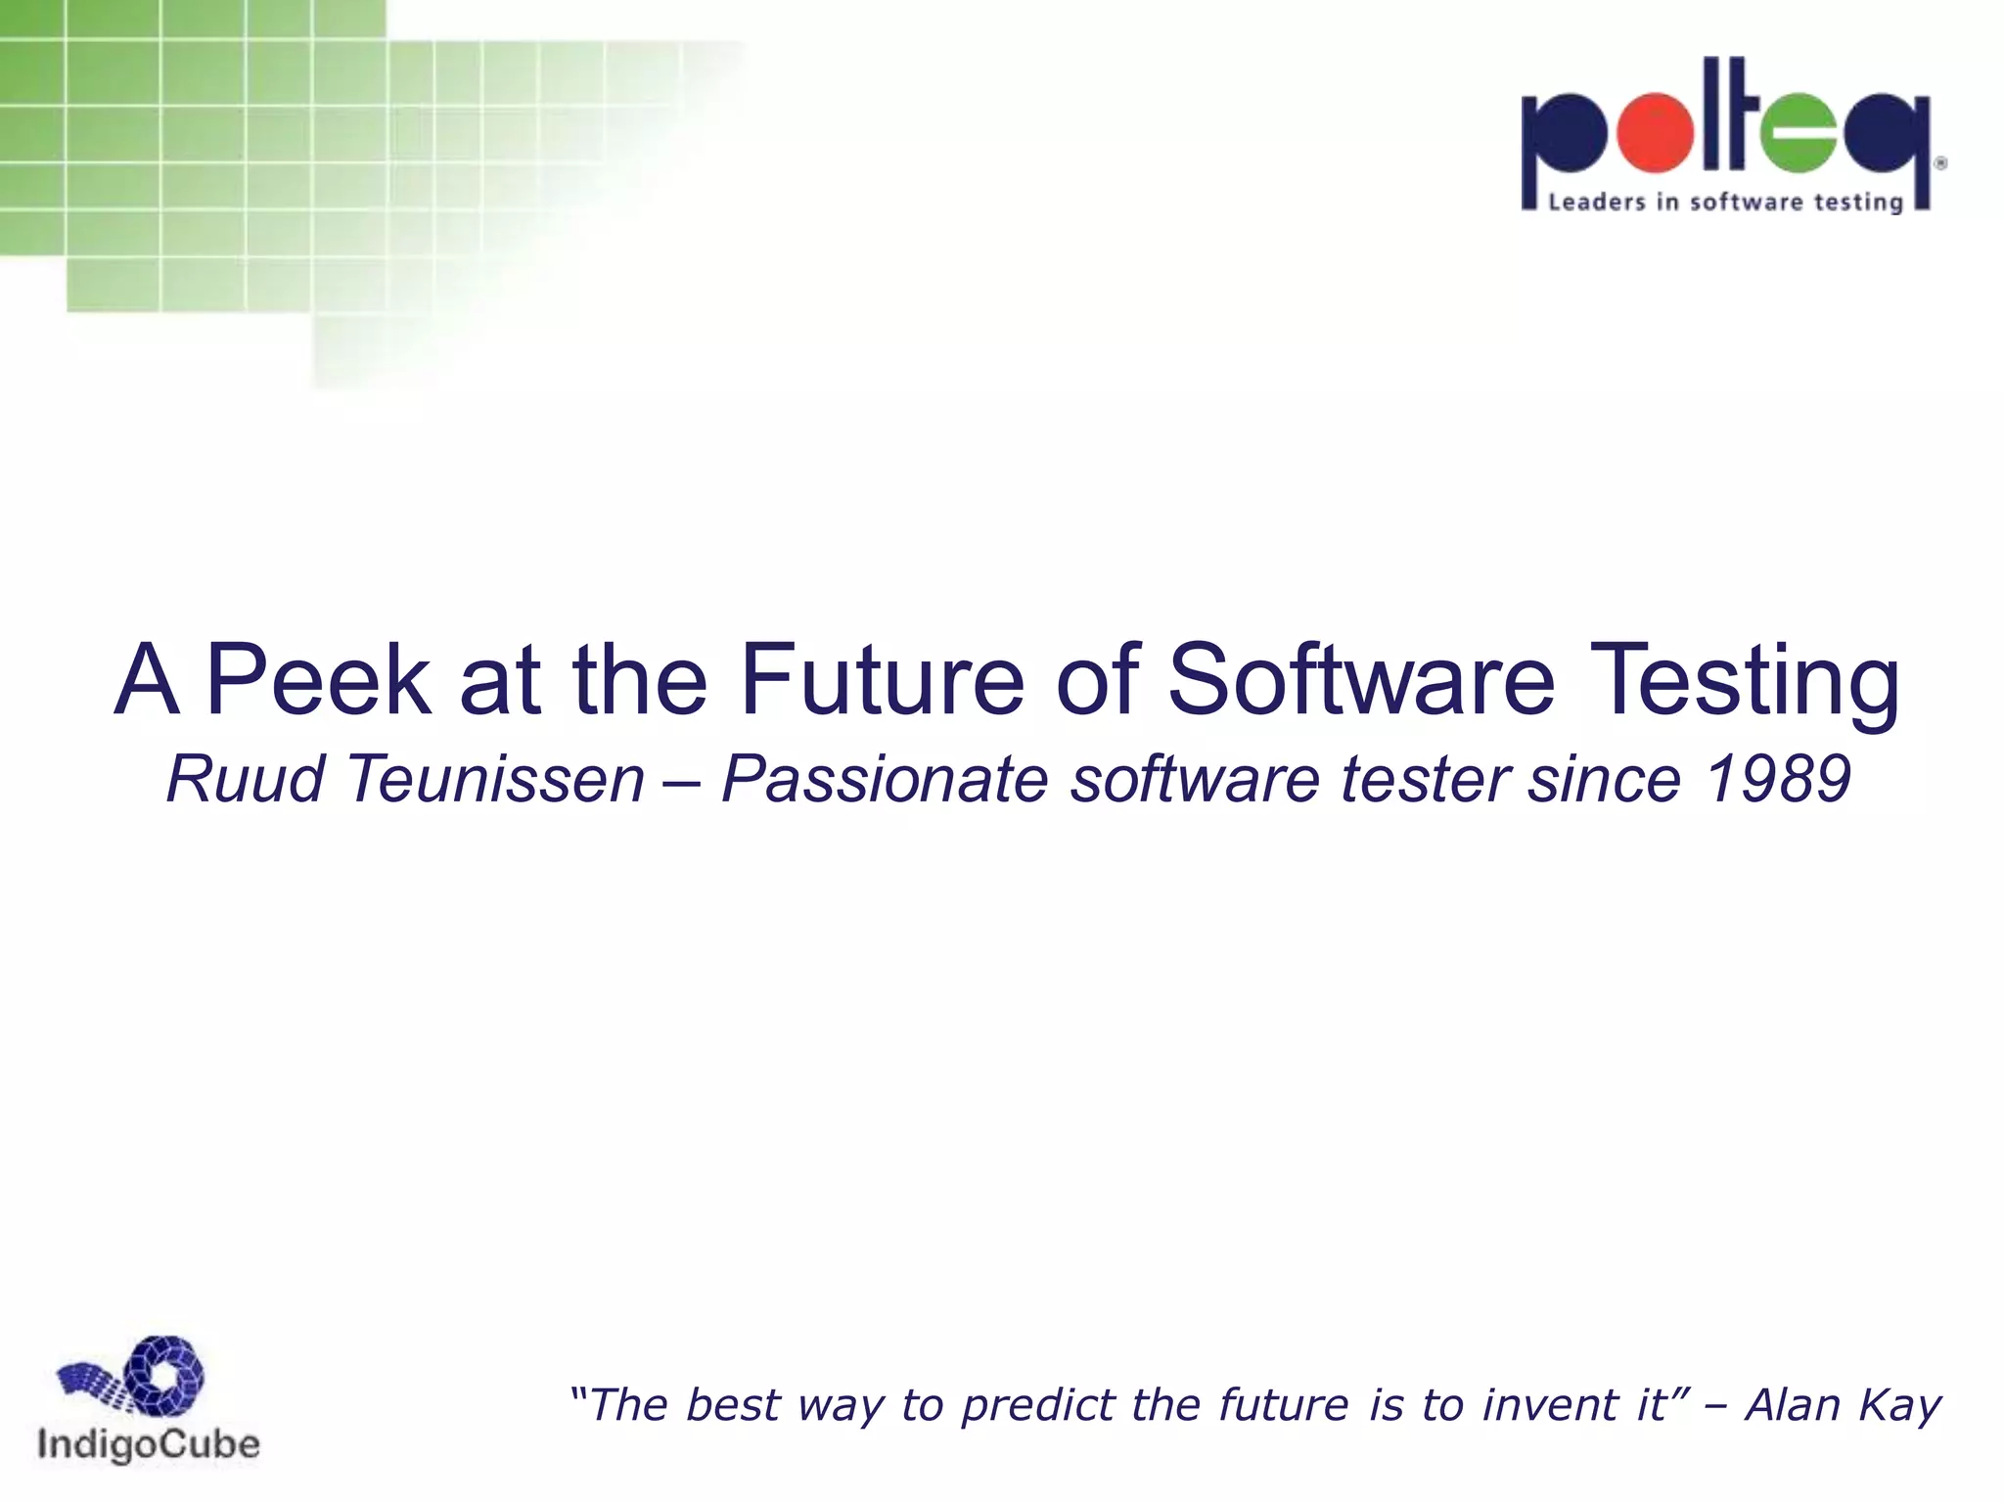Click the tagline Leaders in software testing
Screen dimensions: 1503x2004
1725,203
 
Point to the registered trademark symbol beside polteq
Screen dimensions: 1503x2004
1940,163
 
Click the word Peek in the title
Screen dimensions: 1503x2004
319,679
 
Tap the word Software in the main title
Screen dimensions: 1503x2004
1361,679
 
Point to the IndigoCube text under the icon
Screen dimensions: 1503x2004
149,1445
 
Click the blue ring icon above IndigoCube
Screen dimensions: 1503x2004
166,1375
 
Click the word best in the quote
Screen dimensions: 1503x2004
733,1405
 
